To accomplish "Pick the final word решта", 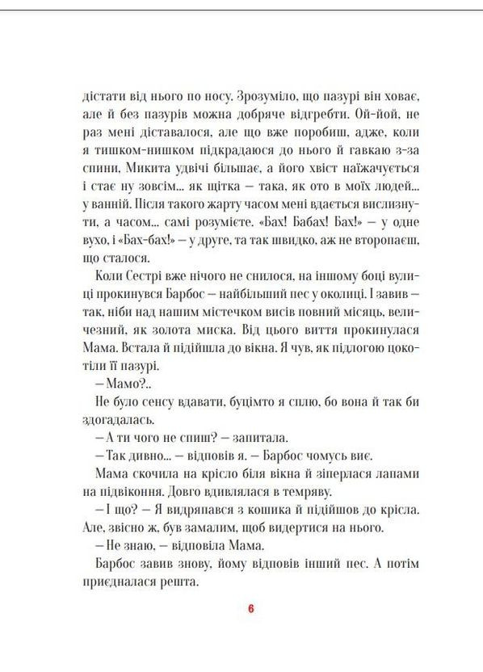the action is (x=178, y=585).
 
